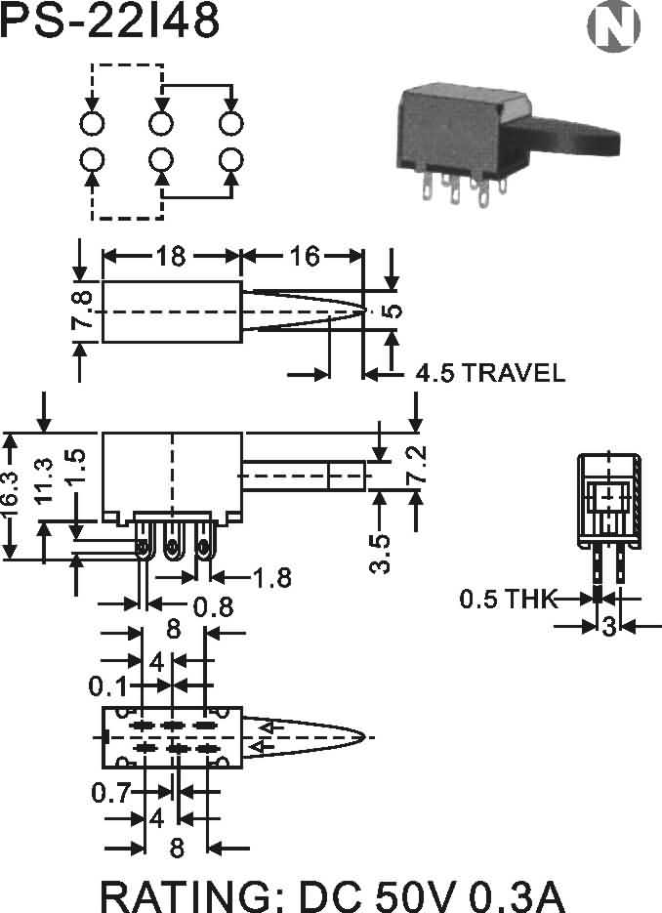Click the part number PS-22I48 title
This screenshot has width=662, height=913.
pos(109,20)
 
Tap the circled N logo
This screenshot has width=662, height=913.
pos(613,26)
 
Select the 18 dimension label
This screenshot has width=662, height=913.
pos(171,256)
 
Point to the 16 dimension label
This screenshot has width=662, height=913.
pos(305,256)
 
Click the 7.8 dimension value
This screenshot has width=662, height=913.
pos(82,310)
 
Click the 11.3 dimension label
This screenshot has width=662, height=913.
pos(44,480)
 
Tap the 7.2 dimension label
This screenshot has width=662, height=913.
pos(417,464)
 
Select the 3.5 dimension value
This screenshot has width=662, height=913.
pos(380,554)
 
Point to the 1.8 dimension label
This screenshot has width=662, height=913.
pos(271,578)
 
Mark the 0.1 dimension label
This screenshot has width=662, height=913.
pos(107,687)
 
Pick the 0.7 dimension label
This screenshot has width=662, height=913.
pos(110,793)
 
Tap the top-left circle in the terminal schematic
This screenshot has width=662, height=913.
pos(92,123)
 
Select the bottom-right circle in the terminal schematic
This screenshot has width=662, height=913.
pos(231,159)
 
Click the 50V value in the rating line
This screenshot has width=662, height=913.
pos(417,896)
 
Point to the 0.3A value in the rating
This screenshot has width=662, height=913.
pos(517,896)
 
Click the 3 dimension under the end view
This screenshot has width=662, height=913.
pos(609,627)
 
